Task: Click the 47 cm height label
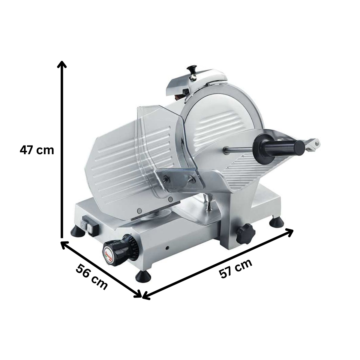pos(37,150)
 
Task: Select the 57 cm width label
pos(235,269)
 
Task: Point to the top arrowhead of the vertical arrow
pos(62,64)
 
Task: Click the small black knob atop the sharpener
pos(192,69)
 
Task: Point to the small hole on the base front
pos(167,248)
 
